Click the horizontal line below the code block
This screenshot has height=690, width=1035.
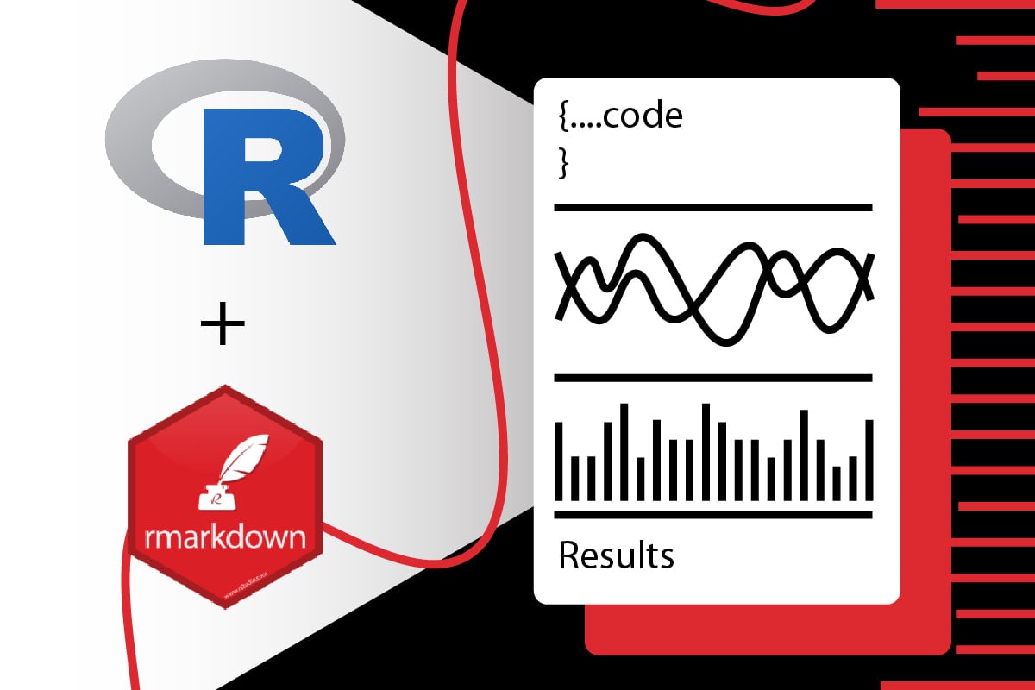click(x=712, y=207)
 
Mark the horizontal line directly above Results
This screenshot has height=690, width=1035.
click(x=712, y=515)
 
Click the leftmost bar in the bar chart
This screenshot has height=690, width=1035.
click(x=559, y=461)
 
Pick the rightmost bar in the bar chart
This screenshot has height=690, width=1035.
click(x=869, y=460)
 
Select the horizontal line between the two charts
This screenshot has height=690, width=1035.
click(x=712, y=378)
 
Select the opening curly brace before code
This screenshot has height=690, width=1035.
click(x=563, y=117)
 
